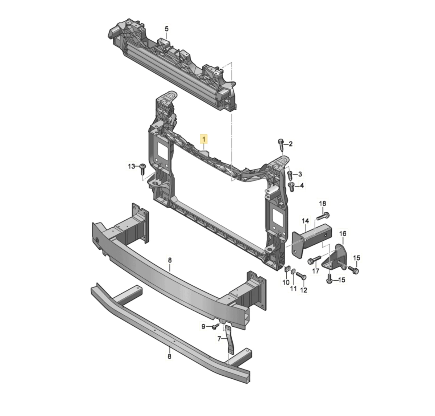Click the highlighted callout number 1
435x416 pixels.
pos(204,139)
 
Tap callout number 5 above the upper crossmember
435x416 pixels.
pos(166,29)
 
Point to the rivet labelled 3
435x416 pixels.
pos(290,175)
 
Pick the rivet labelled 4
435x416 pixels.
pos(291,187)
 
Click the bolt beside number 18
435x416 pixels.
pos(323,216)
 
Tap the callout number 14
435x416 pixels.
pos(305,221)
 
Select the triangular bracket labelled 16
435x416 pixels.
pos(335,257)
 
